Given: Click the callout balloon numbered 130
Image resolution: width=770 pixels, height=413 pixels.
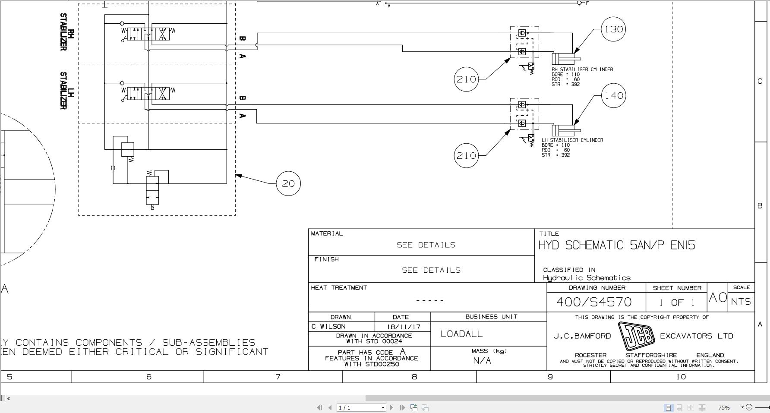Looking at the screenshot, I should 613,29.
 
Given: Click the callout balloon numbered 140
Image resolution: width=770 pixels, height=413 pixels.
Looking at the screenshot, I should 613,95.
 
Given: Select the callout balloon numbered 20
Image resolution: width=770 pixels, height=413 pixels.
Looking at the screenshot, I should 288,183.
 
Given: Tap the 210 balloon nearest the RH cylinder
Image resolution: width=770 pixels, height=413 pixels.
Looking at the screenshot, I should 466,79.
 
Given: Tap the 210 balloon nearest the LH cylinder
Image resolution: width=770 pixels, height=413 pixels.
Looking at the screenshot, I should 466,156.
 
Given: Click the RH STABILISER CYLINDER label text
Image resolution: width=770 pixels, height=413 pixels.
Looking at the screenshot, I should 582,69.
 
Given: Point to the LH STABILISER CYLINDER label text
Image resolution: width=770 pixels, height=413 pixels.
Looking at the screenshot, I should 572,140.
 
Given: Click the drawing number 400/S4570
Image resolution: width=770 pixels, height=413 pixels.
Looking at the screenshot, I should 594,302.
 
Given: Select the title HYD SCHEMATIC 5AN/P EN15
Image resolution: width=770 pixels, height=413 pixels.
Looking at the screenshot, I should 616,245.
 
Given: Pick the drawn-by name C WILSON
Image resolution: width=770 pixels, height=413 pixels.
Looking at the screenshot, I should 328,327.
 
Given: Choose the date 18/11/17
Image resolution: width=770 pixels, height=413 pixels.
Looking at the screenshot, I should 403,327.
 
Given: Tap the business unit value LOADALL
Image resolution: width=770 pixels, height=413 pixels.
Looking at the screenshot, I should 461,334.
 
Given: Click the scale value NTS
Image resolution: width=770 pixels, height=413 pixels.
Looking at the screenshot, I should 741,302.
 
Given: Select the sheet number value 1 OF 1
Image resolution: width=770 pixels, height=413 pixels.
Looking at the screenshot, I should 677,303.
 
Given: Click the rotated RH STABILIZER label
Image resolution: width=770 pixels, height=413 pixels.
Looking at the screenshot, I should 67,32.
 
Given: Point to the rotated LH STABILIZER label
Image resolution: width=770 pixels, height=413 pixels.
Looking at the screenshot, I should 67,91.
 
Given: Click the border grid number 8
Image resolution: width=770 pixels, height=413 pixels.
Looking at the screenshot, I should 414,377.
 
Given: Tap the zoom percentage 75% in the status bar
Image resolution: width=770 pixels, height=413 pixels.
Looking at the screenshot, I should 724,407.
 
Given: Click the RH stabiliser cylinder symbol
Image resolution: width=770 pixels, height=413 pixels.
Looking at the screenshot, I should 566,58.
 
